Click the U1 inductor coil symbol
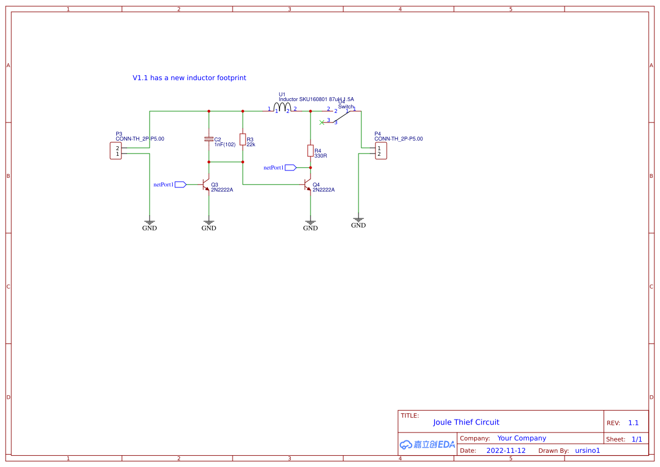(282, 107)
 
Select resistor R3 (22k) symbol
(243, 139)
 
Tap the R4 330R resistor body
(311, 150)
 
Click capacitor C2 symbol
(209, 139)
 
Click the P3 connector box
(116, 151)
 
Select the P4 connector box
(381, 151)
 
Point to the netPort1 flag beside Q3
(181, 185)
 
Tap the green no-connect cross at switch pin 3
(322, 122)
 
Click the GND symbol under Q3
(209, 223)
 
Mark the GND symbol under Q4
(311, 223)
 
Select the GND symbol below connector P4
(359, 220)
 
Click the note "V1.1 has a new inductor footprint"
(189, 78)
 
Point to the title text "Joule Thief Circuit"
(466, 422)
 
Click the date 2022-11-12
(506, 451)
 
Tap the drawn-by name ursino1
(587, 451)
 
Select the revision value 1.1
(633, 423)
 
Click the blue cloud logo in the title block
(406, 444)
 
